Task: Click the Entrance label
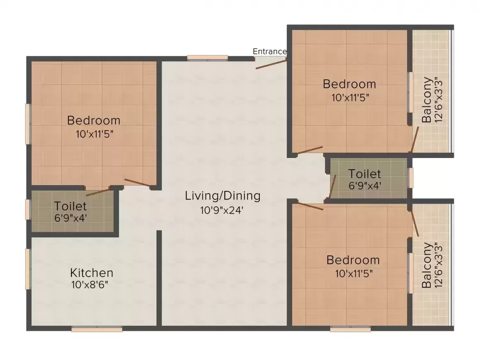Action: (270, 51)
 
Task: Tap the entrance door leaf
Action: (271, 64)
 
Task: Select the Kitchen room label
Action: (91, 273)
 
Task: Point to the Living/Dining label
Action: (223, 195)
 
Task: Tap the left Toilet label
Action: (70, 206)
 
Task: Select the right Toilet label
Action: (364, 173)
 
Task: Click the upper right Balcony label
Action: (427, 100)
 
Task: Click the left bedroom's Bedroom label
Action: (94, 120)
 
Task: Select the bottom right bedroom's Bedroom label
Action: (353, 260)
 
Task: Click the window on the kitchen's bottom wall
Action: (97, 329)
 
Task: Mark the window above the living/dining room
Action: (207, 58)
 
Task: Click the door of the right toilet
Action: (332, 187)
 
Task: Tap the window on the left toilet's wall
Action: (28, 209)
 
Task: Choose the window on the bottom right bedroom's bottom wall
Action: (350, 329)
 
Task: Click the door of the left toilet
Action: (98, 192)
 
